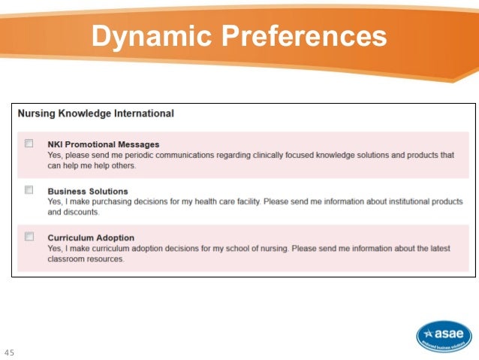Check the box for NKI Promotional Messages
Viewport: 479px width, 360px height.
(29, 143)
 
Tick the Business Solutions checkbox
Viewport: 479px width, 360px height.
(29, 189)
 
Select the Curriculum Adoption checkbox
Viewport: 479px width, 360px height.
(29, 236)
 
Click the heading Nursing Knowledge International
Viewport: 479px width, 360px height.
(95, 113)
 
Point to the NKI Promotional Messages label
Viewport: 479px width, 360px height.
(103, 144)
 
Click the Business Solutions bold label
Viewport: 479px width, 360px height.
(87, 191)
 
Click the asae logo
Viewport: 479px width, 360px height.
(444, 335)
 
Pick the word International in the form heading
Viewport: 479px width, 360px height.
(142, 113)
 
